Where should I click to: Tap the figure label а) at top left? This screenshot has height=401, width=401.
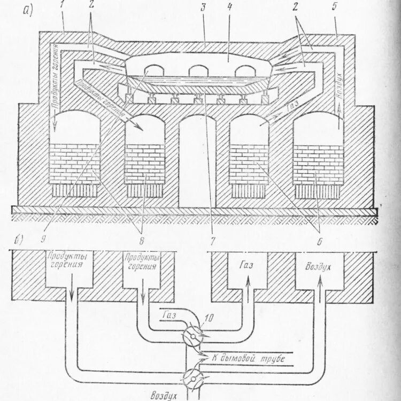[x=27, y=9]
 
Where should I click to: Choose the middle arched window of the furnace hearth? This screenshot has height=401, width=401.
[x=198, y=71]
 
